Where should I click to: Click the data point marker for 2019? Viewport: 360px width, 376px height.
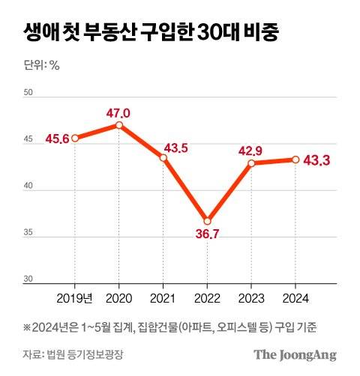click(x=75, y=138)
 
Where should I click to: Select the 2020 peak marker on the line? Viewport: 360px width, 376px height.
click(x=119, y=125)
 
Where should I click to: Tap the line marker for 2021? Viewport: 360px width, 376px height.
click(x=163, y=158)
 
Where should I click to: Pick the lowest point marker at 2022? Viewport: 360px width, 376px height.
click(x=207, y=221)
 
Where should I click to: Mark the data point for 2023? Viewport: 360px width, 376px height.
click(x=251, y=163)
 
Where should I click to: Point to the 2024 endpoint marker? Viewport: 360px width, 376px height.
click(x=295, y=159)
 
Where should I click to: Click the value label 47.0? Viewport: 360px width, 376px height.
click(x=118, y=113)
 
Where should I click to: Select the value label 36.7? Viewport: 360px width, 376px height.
click(x=207, y=234)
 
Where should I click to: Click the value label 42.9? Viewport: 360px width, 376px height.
click(x=251, y=150)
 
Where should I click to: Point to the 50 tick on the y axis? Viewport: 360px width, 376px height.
click(x=29, y=93)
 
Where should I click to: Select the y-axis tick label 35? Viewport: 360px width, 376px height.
click(x=29, y=233)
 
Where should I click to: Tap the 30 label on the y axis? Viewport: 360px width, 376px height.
click(x=29, y=279)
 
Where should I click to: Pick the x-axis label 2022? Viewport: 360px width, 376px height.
click(x=207, y=299)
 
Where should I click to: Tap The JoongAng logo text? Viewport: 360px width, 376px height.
click(x=294, y=355)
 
